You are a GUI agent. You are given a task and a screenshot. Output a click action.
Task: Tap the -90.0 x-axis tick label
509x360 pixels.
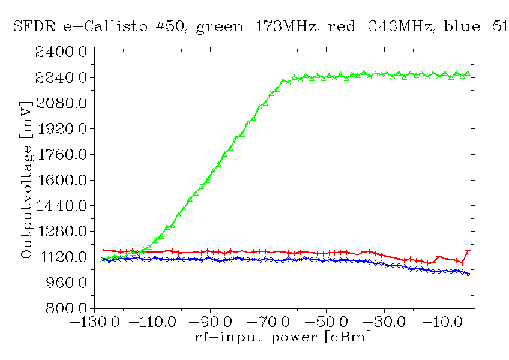(x=211, y=322)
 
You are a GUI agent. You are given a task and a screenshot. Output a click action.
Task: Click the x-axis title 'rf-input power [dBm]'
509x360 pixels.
(x=283, y=337)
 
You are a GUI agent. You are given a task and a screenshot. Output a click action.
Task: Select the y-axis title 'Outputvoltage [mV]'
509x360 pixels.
(x=26, y=180)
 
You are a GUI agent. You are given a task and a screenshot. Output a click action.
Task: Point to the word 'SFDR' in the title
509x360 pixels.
(x=33, y=28)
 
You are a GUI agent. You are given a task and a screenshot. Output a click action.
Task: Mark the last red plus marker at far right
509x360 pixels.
(x=468, y=250)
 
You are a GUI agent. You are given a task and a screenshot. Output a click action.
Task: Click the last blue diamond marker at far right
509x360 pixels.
(x=468, y=273)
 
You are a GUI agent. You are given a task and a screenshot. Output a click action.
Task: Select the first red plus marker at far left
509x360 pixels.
(x=103, y=250)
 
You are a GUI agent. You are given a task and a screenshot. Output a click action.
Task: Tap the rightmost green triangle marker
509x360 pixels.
(x=468, y=74)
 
